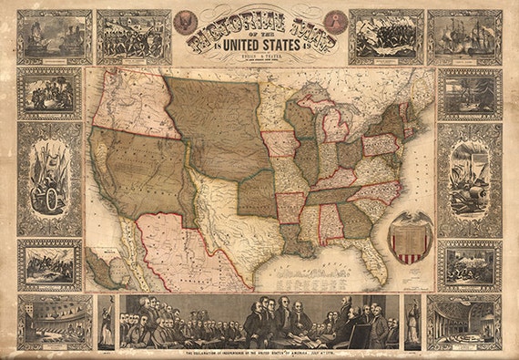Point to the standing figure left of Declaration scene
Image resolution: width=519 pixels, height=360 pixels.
107,322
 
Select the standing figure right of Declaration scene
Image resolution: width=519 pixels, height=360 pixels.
412,322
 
